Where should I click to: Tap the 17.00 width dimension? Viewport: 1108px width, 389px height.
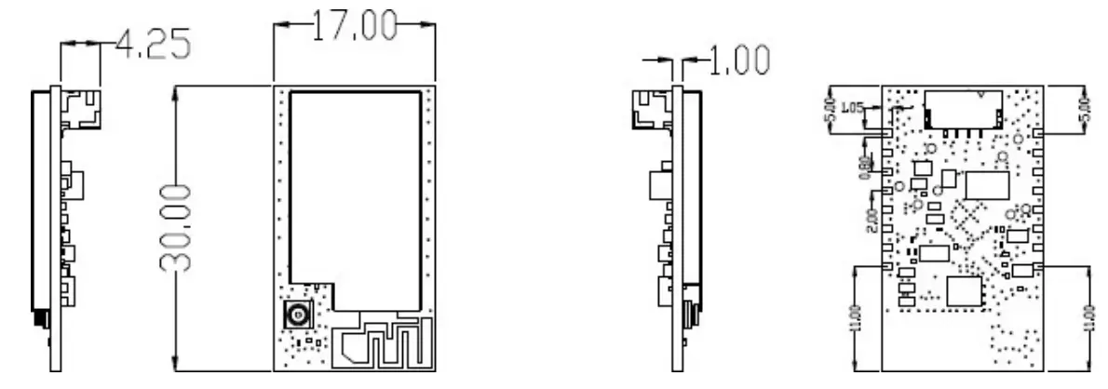[x=354, y=26]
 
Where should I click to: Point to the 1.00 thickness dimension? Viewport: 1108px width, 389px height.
[x=737, y=60]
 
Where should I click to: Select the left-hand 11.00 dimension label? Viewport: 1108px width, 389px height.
[x=857, y=322]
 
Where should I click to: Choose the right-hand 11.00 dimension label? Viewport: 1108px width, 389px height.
[x=1089, y=322]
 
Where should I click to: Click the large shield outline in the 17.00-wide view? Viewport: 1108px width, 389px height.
[x=352, y=186]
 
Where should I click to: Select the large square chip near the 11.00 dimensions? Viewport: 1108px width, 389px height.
[x=965, y=291]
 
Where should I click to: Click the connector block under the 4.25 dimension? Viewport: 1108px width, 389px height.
[x=81, y=111]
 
